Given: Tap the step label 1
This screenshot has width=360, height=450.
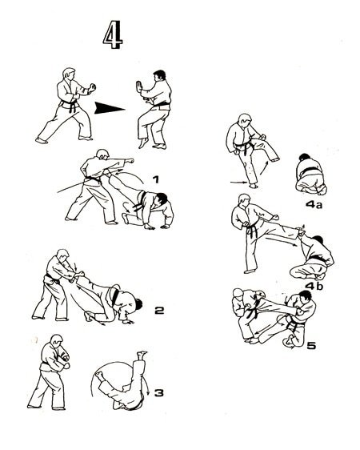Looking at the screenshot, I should pyautogui.click(x=157, y=179).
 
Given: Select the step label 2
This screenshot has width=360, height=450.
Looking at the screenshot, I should pyautogui.click(x=160, y=309).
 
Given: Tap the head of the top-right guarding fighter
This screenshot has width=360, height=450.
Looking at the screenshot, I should pyautogui.click(x=159, y=78).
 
